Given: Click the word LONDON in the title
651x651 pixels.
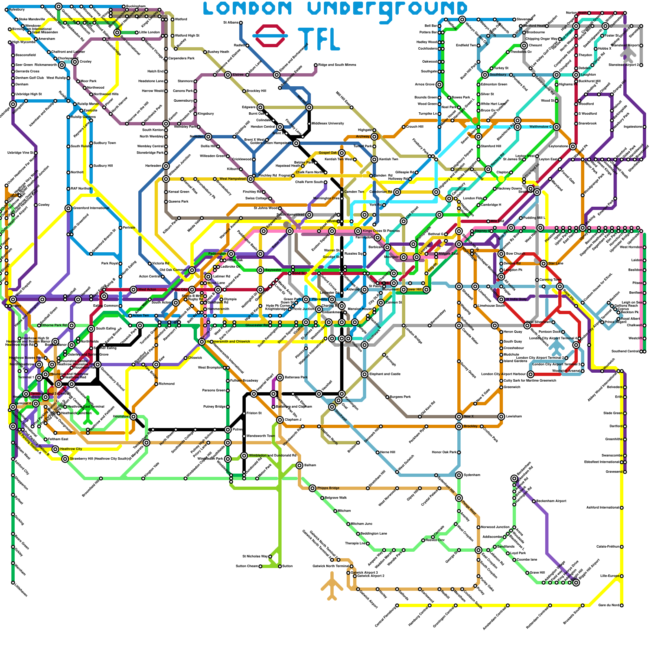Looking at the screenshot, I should (247, 9).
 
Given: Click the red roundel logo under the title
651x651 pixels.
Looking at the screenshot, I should (271, 36).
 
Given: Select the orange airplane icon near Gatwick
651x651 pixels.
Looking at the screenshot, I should (332, 586).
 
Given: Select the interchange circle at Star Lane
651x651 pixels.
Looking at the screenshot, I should (544, 264).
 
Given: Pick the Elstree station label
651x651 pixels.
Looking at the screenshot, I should (238, 75).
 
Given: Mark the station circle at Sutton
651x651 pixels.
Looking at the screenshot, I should (280, 566).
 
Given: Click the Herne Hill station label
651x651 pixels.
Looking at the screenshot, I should (387, 452).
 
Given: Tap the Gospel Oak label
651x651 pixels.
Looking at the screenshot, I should (328, 153).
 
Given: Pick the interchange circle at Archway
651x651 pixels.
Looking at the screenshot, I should (374, 137).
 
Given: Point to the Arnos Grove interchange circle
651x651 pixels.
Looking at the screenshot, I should (439, 85).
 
